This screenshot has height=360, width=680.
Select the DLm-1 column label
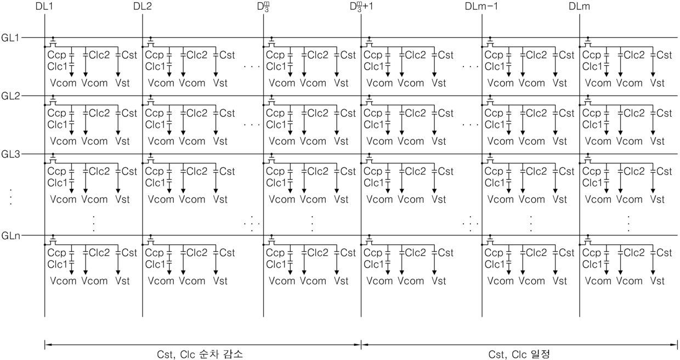[481, 7]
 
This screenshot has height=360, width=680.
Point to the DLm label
[580, 7]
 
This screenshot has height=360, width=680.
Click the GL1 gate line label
[10, 37]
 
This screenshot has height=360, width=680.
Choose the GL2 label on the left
[10, 96]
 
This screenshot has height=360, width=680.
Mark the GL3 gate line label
[10, 154]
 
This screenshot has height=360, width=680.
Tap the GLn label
[10, 236]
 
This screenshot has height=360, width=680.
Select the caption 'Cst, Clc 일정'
[518, 354]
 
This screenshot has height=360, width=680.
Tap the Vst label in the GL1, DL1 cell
[122, 83]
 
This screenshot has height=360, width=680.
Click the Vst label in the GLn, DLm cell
[658, 281]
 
